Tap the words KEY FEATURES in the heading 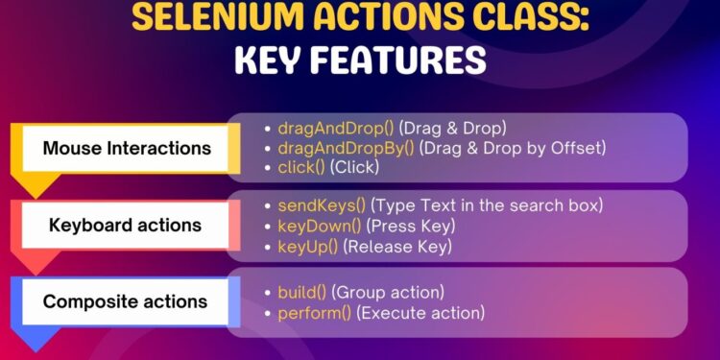point(359,60)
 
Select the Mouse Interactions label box point(127,149)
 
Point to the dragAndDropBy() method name point(332,147)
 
